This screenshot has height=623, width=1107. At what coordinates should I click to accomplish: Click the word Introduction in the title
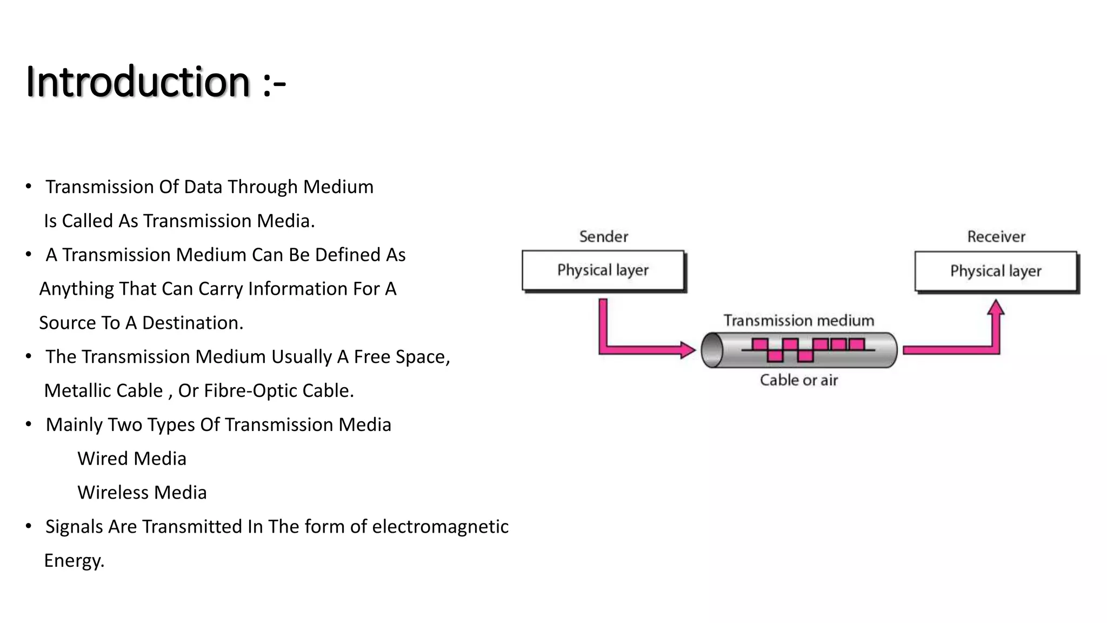(138, 82)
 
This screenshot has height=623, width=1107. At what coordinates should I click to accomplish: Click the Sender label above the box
(603, 237)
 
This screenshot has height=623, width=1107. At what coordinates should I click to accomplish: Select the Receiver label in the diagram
(996, 237)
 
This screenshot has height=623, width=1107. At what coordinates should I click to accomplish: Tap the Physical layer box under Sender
(603, 270)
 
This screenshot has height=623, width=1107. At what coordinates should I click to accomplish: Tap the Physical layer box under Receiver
(996, 271)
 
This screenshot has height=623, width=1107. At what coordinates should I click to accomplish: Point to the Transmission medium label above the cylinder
(798, 321)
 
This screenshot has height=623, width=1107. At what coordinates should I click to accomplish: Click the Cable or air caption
(798, 380)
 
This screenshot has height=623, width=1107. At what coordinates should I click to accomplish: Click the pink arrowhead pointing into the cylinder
(688, 350)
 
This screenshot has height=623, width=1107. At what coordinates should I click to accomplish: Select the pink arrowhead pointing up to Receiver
(995, 308)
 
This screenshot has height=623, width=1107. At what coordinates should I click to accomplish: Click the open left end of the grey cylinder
(712, 350)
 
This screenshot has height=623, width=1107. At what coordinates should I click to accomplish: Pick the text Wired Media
(132, 459)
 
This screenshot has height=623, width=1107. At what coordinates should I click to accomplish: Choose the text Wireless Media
(142, 493)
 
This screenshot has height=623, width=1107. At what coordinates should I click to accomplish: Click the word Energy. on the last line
(74, 561)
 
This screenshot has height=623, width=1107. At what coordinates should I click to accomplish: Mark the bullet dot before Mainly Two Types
(29, 424)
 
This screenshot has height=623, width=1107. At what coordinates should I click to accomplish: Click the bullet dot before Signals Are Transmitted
(29, 526)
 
